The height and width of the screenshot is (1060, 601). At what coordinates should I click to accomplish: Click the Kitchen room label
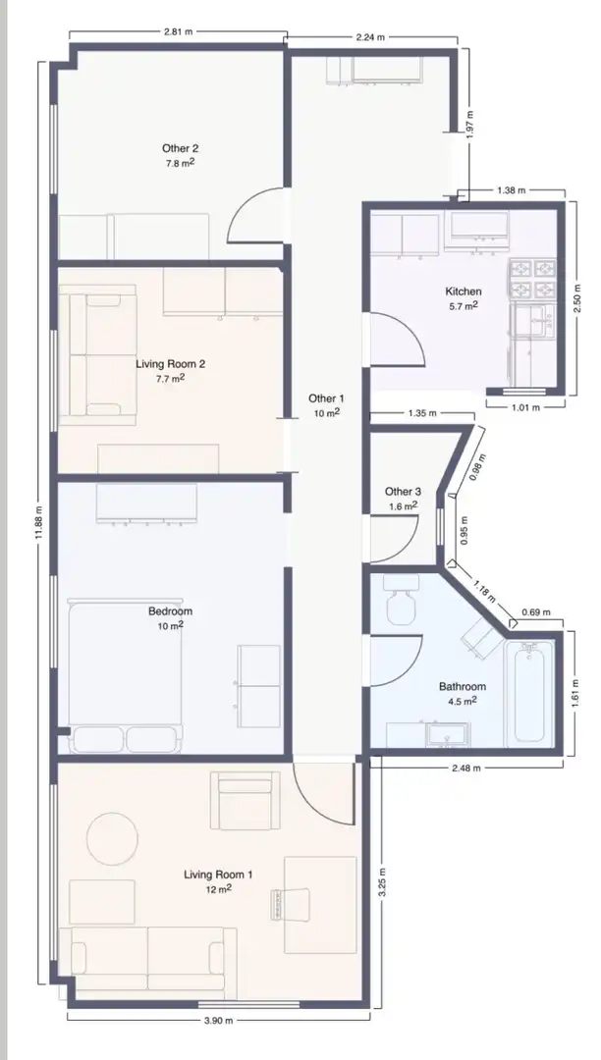click(464, 291)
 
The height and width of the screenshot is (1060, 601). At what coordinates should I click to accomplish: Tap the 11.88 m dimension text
click(39, 523)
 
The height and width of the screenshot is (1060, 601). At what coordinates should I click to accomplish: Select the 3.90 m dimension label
click(218, 1021)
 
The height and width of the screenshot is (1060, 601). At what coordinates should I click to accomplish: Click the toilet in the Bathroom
click(401, 600)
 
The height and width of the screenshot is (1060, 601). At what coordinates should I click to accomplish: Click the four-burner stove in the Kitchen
click(532, 280)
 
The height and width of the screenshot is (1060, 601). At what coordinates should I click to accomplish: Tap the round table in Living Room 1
click(112, 839)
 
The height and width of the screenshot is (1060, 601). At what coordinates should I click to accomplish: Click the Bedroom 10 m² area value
click(170, 626)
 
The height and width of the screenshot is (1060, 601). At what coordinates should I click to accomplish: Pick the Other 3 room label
click(403, 492)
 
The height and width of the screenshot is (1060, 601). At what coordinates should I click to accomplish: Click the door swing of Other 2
click(254, 214)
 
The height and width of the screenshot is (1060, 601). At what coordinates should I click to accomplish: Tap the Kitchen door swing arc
click(398, 342)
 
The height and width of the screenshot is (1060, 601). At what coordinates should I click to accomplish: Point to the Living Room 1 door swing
click(324, 794)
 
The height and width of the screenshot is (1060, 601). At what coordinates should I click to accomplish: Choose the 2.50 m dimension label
click(576, 298)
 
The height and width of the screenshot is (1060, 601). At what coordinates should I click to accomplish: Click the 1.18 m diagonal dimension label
click(484, 592)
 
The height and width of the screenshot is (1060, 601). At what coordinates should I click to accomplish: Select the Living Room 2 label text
click(170, 364)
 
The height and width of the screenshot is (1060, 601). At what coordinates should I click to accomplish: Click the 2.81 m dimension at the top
click(178, 31)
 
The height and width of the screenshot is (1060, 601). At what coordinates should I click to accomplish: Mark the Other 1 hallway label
click(327, 398)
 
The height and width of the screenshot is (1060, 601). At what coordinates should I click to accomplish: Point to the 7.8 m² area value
click(181, 163)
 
